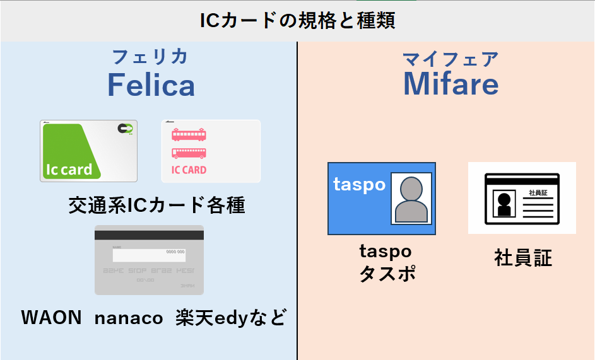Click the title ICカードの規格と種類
pos(297,21)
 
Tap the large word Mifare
pos(451,84)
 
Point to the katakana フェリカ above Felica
pos(150,57)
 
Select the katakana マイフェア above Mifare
pos(451,59)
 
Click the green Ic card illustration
pos(88,151)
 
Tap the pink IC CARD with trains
pos(211,151)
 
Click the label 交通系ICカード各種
pos(156,206)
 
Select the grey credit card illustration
pos(149,260)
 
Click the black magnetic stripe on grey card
pos(149,235)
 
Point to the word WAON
pos(51,317)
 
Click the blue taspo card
pos(381,199)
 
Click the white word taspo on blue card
pos(359,185)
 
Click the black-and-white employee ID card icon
pos(522,199)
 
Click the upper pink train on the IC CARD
pos(189,135)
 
